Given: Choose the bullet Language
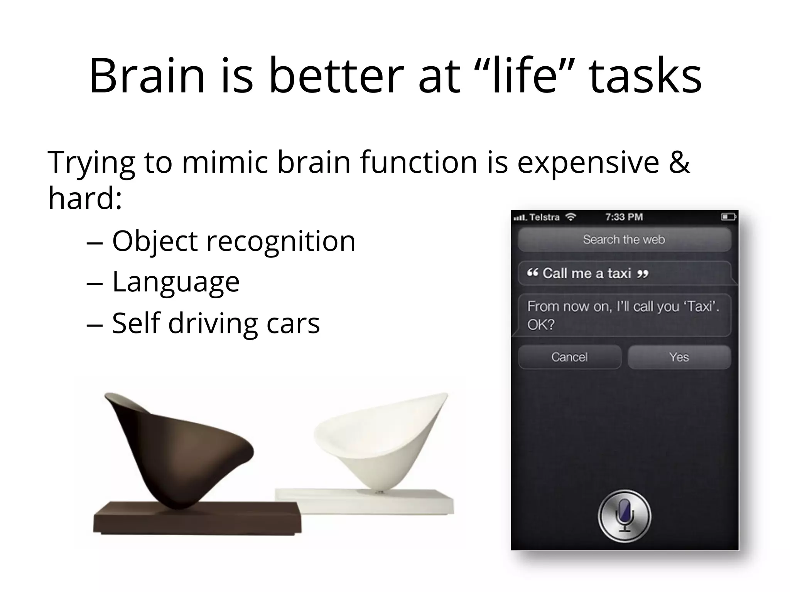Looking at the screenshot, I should pyautogui.click(x=176, y=282).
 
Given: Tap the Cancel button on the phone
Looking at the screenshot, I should pyautogui.click(x=569, y=357).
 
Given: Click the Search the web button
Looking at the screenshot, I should pyautogui.click(x=624, y=239).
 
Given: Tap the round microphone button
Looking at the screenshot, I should pyautogui.click(x=624, y=516).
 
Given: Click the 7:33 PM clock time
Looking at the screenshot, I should pyautogui.click(x=624, y=217).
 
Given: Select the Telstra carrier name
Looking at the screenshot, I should pyautogui.click(x=544, y=217).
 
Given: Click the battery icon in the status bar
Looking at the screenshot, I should pyautogui.click(x=729, y=217).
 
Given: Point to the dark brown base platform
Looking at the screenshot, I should pyautogui.click(x=197, y=518).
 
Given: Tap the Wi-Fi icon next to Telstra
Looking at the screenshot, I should pyautogui.click(x=570, y=217).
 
